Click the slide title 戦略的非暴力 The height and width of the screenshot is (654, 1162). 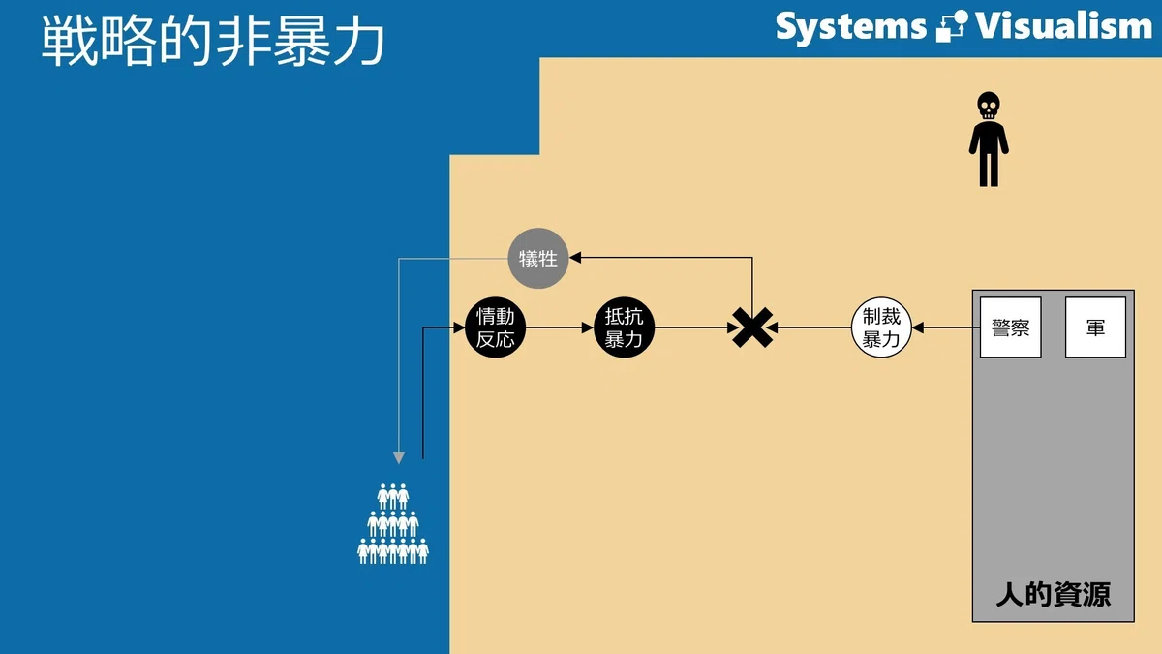(213, 41)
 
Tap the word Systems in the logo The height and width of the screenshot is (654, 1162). (851, 27)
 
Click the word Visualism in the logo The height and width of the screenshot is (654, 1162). (1064, 26)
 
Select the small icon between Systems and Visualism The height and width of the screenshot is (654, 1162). (951, 26)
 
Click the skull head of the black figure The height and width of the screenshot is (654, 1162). (989, 106)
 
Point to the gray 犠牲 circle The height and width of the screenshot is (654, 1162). (538, 258)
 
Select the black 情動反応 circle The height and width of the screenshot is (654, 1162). (496, 327)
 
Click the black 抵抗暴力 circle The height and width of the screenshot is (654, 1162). (624, 327)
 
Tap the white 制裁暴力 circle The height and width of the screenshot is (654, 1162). (881, 327)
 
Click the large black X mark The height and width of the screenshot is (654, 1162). (752, 327)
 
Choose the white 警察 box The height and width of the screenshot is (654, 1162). (1011, 327)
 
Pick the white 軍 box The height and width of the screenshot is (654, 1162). (1095, 327)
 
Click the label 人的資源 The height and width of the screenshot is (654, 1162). (1054, 594)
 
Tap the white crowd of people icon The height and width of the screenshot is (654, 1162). (393, 524)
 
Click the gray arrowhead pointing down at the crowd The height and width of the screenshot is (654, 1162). (398, 457)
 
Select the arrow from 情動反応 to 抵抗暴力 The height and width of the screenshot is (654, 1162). (560, 327)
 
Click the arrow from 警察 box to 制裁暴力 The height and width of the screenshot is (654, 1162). (946, 327)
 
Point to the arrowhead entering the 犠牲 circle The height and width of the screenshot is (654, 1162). (575, 257)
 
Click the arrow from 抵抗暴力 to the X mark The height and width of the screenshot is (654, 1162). (696, 327)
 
